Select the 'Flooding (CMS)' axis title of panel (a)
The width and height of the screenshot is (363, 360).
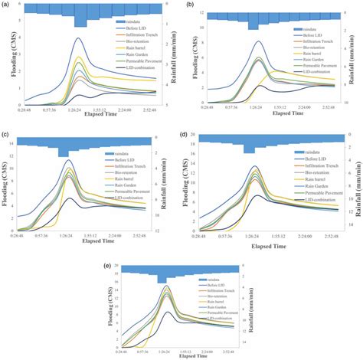(x=6, y=58)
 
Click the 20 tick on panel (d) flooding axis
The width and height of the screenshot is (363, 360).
(x=194, y=135)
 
